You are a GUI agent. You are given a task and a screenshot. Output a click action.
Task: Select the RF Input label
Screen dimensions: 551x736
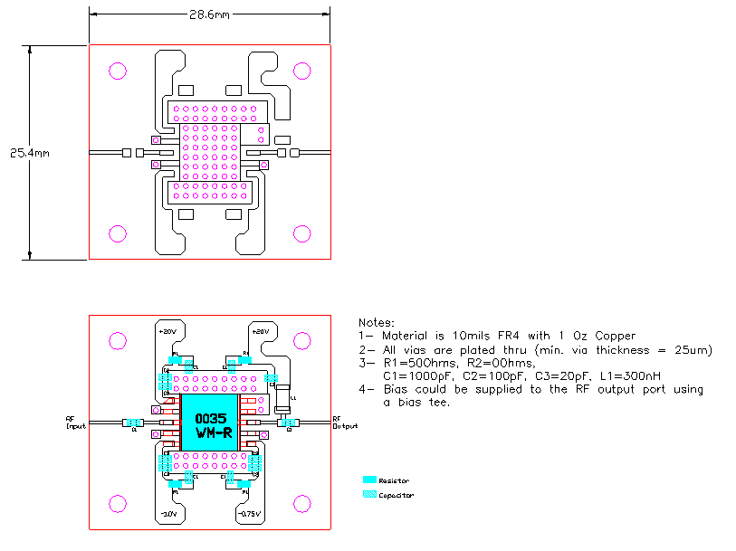point(74,423)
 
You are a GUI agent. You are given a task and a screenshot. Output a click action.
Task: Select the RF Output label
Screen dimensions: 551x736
point(344,423)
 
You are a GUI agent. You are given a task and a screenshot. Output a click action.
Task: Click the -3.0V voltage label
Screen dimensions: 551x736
point(168,513)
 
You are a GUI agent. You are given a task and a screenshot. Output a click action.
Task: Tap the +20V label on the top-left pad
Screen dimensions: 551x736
point(167,332)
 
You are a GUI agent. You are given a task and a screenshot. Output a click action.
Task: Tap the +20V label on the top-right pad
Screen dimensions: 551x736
point(260,332)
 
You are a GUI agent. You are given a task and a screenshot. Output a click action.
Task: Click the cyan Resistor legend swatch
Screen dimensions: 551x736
point(368,480)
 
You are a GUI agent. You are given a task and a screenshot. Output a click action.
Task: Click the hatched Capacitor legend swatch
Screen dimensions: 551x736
point(368,494)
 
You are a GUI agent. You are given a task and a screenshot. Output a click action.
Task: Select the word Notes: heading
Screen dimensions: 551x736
point(377,323)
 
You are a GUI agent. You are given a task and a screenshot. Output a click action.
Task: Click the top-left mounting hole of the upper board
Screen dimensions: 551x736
point(118,71)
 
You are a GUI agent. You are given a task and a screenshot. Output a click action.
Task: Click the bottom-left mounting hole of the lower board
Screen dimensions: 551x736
point(118,503)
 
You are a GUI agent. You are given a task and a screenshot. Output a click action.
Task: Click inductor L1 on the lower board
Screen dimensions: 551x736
point(284,400)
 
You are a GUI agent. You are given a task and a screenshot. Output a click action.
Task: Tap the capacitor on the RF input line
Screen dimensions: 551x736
point(133,423)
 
